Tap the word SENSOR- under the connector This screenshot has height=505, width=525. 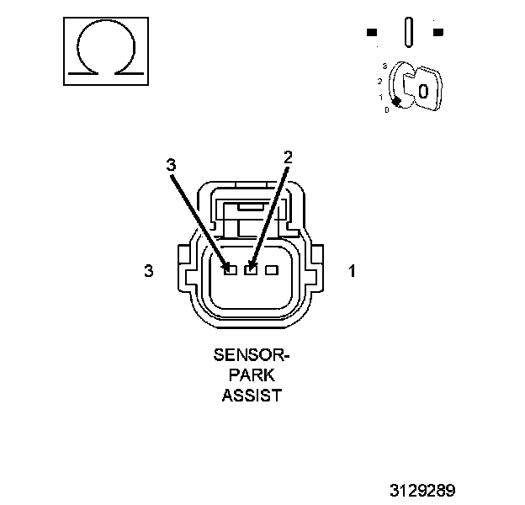pos(250,355)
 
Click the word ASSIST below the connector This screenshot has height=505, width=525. pos(251,395)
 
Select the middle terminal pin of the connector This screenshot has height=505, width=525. pos(250,270)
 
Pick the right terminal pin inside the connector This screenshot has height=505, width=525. pos(271,270)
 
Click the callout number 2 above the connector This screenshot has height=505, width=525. pos(288,157)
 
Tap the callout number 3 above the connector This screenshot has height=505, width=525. pos(171,166)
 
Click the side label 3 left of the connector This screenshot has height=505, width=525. pos(149,271)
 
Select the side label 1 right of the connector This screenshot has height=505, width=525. pos(352,271)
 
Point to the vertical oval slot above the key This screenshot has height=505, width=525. pos(408,33)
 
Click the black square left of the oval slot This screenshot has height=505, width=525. pos(372,33)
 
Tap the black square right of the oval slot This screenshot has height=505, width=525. pos(437,33)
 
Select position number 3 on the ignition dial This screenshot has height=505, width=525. pos(384,65)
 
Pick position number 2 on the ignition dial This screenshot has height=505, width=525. pos(380,81)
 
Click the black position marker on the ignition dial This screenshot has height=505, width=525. pos(396,101)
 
